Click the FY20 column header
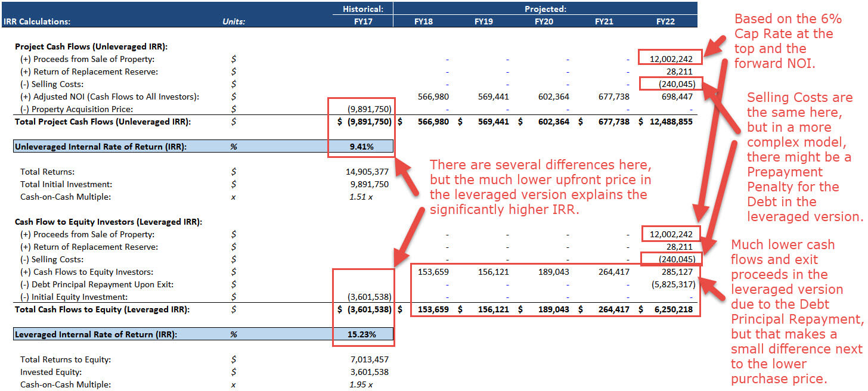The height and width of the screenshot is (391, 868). [544, 21]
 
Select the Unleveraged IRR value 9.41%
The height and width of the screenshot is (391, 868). [361, 147]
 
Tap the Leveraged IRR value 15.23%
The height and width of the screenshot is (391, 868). [361, 334]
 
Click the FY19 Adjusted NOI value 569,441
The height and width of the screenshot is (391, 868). [493, 97]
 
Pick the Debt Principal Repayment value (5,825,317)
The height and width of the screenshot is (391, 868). [673, 284]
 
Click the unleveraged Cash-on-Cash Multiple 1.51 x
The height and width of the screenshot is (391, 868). [361, 197]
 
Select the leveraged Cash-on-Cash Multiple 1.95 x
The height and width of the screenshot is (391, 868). [361, 384]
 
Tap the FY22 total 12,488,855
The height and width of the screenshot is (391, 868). [671, 122]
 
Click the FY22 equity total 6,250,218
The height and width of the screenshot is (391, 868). [674, 309]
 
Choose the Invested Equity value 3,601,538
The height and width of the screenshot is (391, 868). [369, 372]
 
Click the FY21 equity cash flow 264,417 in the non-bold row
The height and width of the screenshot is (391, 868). [614, 272]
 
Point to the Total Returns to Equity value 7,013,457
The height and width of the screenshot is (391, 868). [369, 359]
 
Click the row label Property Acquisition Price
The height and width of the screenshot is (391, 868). [82, 109]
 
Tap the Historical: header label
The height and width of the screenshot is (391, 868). [362, 9]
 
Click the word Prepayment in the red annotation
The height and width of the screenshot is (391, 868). [785, 172]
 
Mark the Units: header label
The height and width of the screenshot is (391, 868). [234, 21]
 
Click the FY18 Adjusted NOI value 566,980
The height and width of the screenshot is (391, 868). [433, 97]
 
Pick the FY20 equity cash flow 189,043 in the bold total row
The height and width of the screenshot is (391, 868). [553, 309]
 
